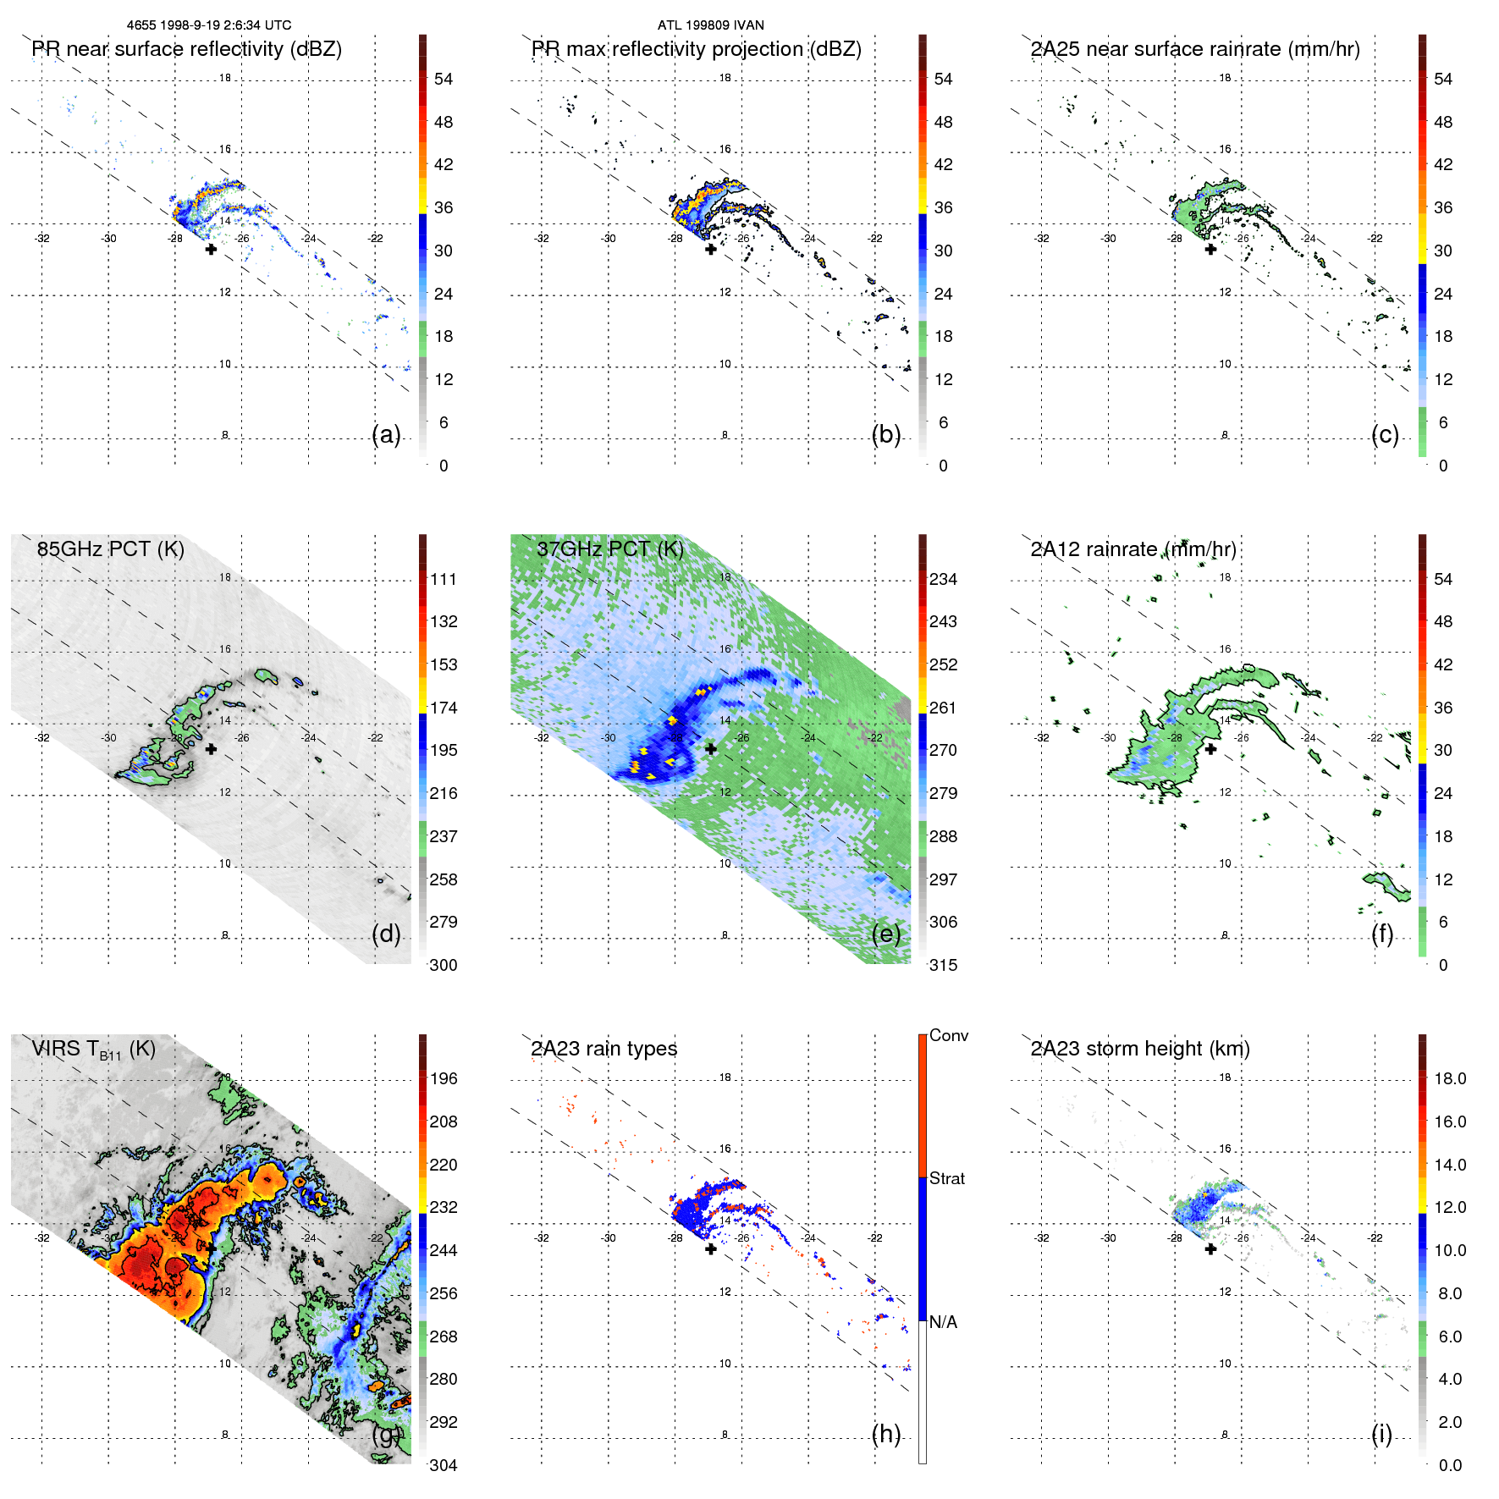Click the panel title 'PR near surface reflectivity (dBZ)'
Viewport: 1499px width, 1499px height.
pos(187,49)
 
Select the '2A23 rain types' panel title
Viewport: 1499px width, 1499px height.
pos(603,1049)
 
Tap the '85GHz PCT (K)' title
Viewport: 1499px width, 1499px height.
pos(110,548)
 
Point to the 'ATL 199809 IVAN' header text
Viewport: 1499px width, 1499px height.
pos(710,25)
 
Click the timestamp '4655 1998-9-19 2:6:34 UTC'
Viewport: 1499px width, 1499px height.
pos(209,25)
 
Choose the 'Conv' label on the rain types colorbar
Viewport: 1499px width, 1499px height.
pos(948,1035)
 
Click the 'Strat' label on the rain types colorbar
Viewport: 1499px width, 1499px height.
pos(946,1178)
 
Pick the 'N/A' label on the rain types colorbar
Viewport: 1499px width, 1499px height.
pos(943,1322)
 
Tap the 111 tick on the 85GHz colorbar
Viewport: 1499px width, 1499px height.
pos(443,579)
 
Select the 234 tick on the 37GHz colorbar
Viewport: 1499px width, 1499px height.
pos(943,579)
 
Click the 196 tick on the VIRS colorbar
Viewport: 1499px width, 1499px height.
pos(443,1078)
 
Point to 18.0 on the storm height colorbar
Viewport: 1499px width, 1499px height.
pos(1449,1078)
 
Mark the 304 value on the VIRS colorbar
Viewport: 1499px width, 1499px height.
pos(443,1465)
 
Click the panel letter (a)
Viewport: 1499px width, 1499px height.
pos(386,434)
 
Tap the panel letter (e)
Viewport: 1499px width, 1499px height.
pos(886,934)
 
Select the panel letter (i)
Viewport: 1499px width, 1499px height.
pos(1381,1434)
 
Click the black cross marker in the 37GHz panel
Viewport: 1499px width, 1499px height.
pos(711,748)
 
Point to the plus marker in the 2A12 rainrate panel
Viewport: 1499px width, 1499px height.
pos(1210,748)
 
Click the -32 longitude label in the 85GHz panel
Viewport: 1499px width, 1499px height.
pos(42,737)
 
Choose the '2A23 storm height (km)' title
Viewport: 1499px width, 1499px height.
pos(1140,1049)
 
